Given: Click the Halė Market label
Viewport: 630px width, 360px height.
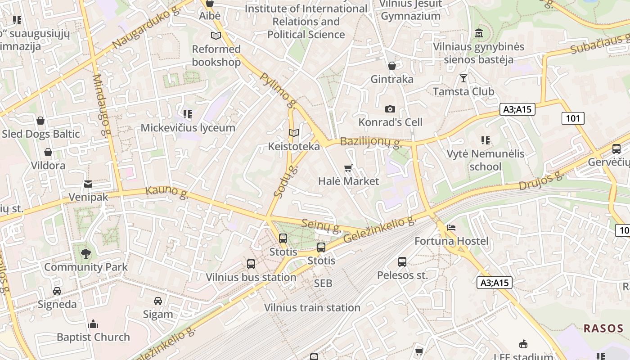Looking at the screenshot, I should click(x=348, y=181).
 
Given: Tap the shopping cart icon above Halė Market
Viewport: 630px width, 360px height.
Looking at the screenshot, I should click(x=348, y=168).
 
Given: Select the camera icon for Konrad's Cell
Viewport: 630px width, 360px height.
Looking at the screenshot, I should click(x=390, y=109).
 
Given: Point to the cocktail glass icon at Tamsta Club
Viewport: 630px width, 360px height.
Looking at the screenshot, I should click(x=463, y=78).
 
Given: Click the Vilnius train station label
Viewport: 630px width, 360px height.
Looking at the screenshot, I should click(x=312, y=308).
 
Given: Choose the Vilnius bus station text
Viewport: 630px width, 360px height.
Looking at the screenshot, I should click(x=251, y=277).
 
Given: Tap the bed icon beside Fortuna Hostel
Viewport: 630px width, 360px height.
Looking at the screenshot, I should click(x=451, y=228).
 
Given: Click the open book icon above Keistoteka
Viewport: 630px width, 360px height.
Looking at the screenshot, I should click(x=294, y=133).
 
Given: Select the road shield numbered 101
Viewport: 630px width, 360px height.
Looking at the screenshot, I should click(x=573, y=118).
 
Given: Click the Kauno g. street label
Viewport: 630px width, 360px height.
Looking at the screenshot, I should click(x=166, y=192).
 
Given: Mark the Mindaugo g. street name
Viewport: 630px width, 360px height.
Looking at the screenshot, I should click(x=101, y=104).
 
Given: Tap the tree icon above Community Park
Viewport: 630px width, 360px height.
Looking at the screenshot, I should click(x=85, y=254).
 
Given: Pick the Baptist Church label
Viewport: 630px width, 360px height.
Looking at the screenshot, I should click(x=93, y=337).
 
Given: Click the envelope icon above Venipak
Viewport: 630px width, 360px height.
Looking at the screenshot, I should click(x=88, y=184).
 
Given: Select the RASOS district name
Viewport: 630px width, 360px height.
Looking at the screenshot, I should click(x=603, y=328).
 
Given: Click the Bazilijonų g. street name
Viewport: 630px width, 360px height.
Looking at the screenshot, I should click(x=370, y=142).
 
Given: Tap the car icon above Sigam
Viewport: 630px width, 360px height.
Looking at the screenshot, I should click(x=158, y=301).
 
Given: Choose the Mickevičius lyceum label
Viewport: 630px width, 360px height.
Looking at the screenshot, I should click(x=188, y=128).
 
